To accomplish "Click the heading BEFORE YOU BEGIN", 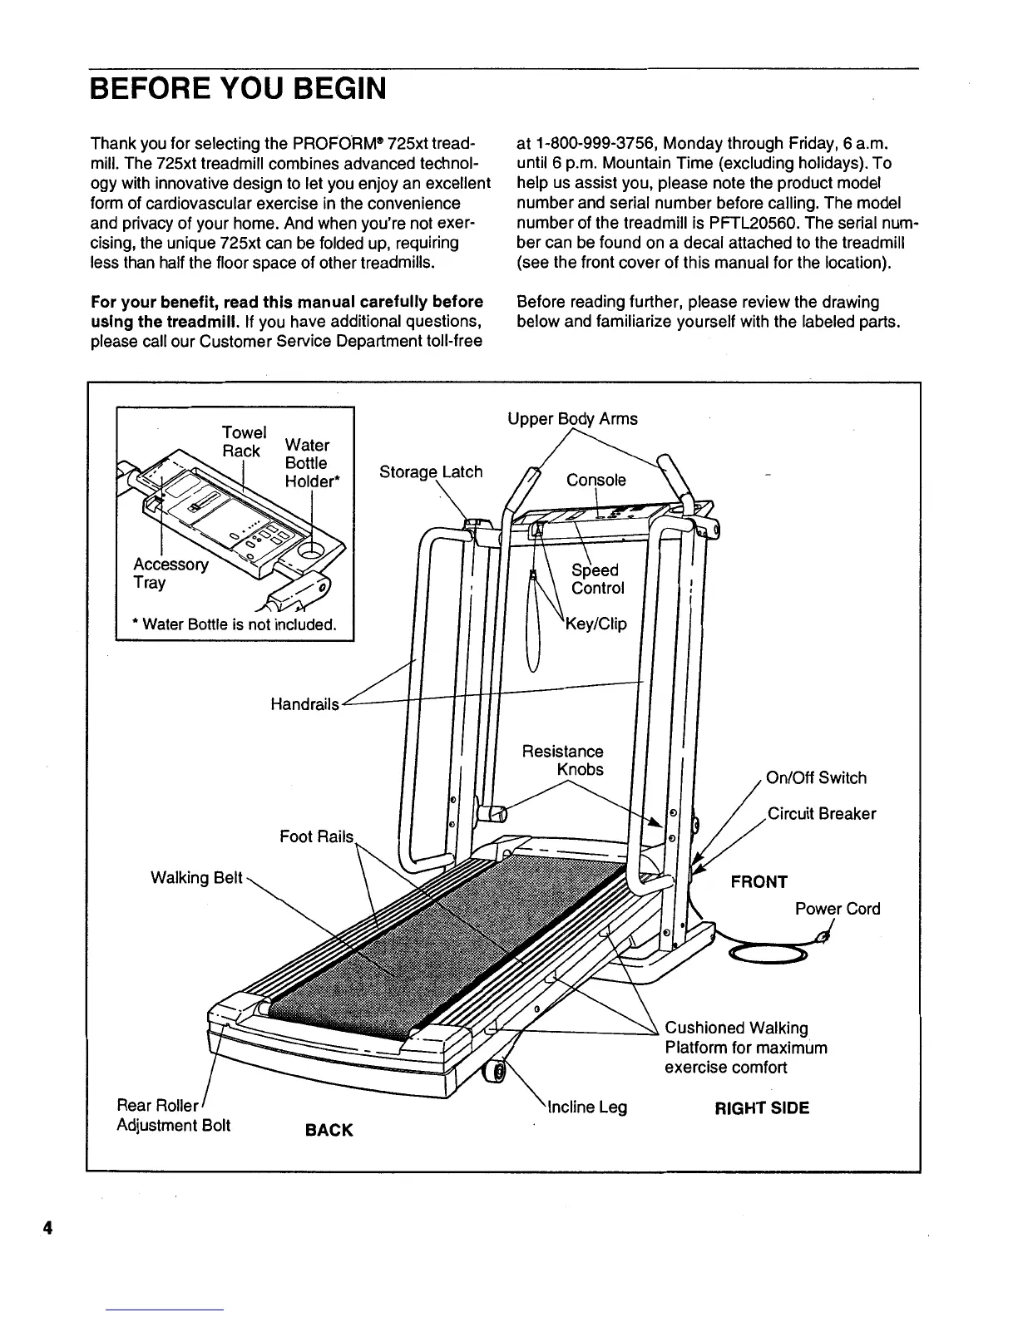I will point(239,87).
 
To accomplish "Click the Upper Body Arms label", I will point(572,419).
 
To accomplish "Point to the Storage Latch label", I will point(430,472).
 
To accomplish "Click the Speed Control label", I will point(596,580).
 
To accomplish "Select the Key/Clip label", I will point(595,624).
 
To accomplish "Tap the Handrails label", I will point(304,704).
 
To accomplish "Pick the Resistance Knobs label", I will point(563,760).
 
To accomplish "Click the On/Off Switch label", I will point(816,778).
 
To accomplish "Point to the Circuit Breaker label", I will point(821,814).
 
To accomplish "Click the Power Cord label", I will point(837,909).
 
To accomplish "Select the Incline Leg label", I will point(587,1107).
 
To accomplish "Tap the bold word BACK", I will point(329,1131).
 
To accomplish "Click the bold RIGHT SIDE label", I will point(762,1108).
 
